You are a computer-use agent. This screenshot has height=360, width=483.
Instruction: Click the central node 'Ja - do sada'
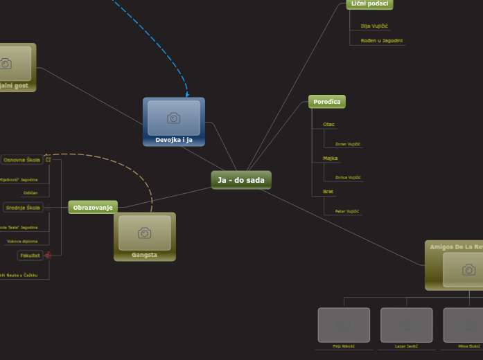click(x=241, y=180)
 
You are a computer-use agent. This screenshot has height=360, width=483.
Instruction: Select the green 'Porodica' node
click(x=326, y=102)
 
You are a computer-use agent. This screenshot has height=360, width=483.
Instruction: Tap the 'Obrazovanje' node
click(x=93, y=207)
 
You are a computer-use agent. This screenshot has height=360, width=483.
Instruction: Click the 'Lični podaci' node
click(x=369, y=4)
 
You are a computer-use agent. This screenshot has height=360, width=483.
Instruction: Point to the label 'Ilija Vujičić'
click(x=374, y=26)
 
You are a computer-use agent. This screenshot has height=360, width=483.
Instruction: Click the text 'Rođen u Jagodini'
click(x=382, y=41)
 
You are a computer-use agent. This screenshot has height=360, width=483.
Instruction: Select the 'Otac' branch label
click(x=328, y=125)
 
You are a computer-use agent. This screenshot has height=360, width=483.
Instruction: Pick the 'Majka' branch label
click(x=330, y=159)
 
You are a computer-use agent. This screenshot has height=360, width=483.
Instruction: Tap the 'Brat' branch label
click(x=328, y=192)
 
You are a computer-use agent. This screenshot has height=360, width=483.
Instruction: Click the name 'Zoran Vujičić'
click(x=348, y=144)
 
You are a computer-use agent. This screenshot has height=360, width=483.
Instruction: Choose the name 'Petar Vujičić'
click(x=347, y=210)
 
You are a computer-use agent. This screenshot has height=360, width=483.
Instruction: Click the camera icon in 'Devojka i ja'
click(x=174, y=118)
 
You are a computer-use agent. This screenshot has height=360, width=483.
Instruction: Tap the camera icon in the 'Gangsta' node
click(x=144, y=233)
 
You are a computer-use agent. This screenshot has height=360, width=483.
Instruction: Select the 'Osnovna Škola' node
click(x=22, y=160)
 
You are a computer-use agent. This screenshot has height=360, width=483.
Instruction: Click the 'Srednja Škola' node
click(x=23, y=207)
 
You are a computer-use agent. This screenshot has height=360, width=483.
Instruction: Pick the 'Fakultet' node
click(x=30, y=255)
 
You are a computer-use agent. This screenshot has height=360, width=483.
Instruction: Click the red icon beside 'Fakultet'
click(x=48, y=255)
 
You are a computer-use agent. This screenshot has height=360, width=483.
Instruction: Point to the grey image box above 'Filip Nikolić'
click(x=344, y=325)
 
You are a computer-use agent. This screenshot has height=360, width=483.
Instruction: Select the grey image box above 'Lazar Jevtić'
click(x=406, y=325)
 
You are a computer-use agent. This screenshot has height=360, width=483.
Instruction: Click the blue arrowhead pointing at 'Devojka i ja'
click(x=186, y=94)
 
